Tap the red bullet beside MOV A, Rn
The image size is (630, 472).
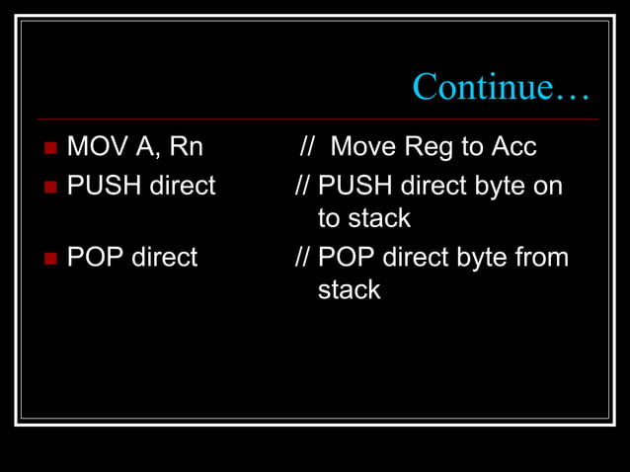51,149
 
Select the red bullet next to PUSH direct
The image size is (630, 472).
51,186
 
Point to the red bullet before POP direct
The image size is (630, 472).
51,259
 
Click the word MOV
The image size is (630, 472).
97,148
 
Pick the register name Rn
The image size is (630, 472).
186,148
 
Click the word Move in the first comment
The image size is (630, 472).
364,148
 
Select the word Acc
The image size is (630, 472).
512,148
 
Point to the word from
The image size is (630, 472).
540,258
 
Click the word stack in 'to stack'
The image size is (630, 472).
380,217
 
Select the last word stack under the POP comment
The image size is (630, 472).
349,290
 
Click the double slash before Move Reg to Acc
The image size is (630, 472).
308,148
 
